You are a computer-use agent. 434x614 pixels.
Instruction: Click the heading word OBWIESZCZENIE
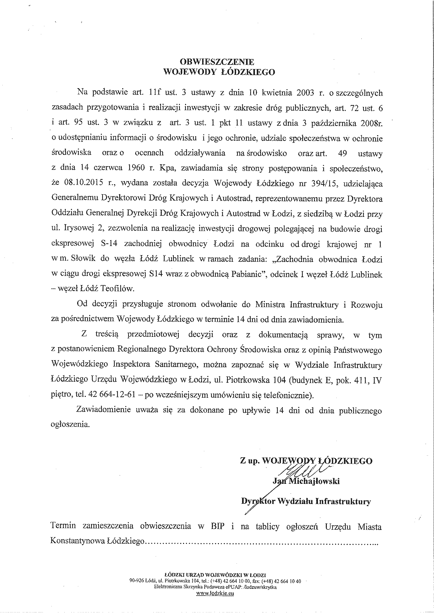pos(217,62)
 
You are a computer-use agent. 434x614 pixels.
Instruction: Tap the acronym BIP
pos(217,526)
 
